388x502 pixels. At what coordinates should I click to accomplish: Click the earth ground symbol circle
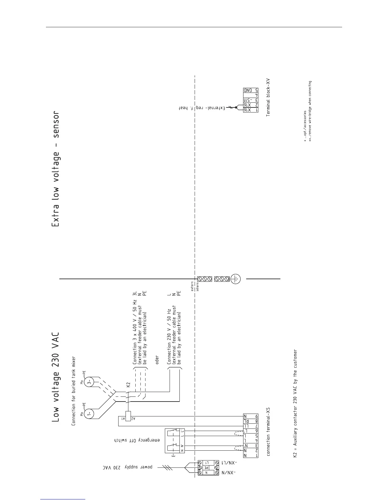tap(236, 279)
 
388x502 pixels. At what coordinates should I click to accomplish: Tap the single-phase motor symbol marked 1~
tap(90, 414)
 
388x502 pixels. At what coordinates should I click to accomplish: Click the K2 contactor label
tap(128, 385)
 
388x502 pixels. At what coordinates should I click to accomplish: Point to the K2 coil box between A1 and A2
tap(129, 416)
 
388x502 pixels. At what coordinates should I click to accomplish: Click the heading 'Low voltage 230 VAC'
tap(55, 377)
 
